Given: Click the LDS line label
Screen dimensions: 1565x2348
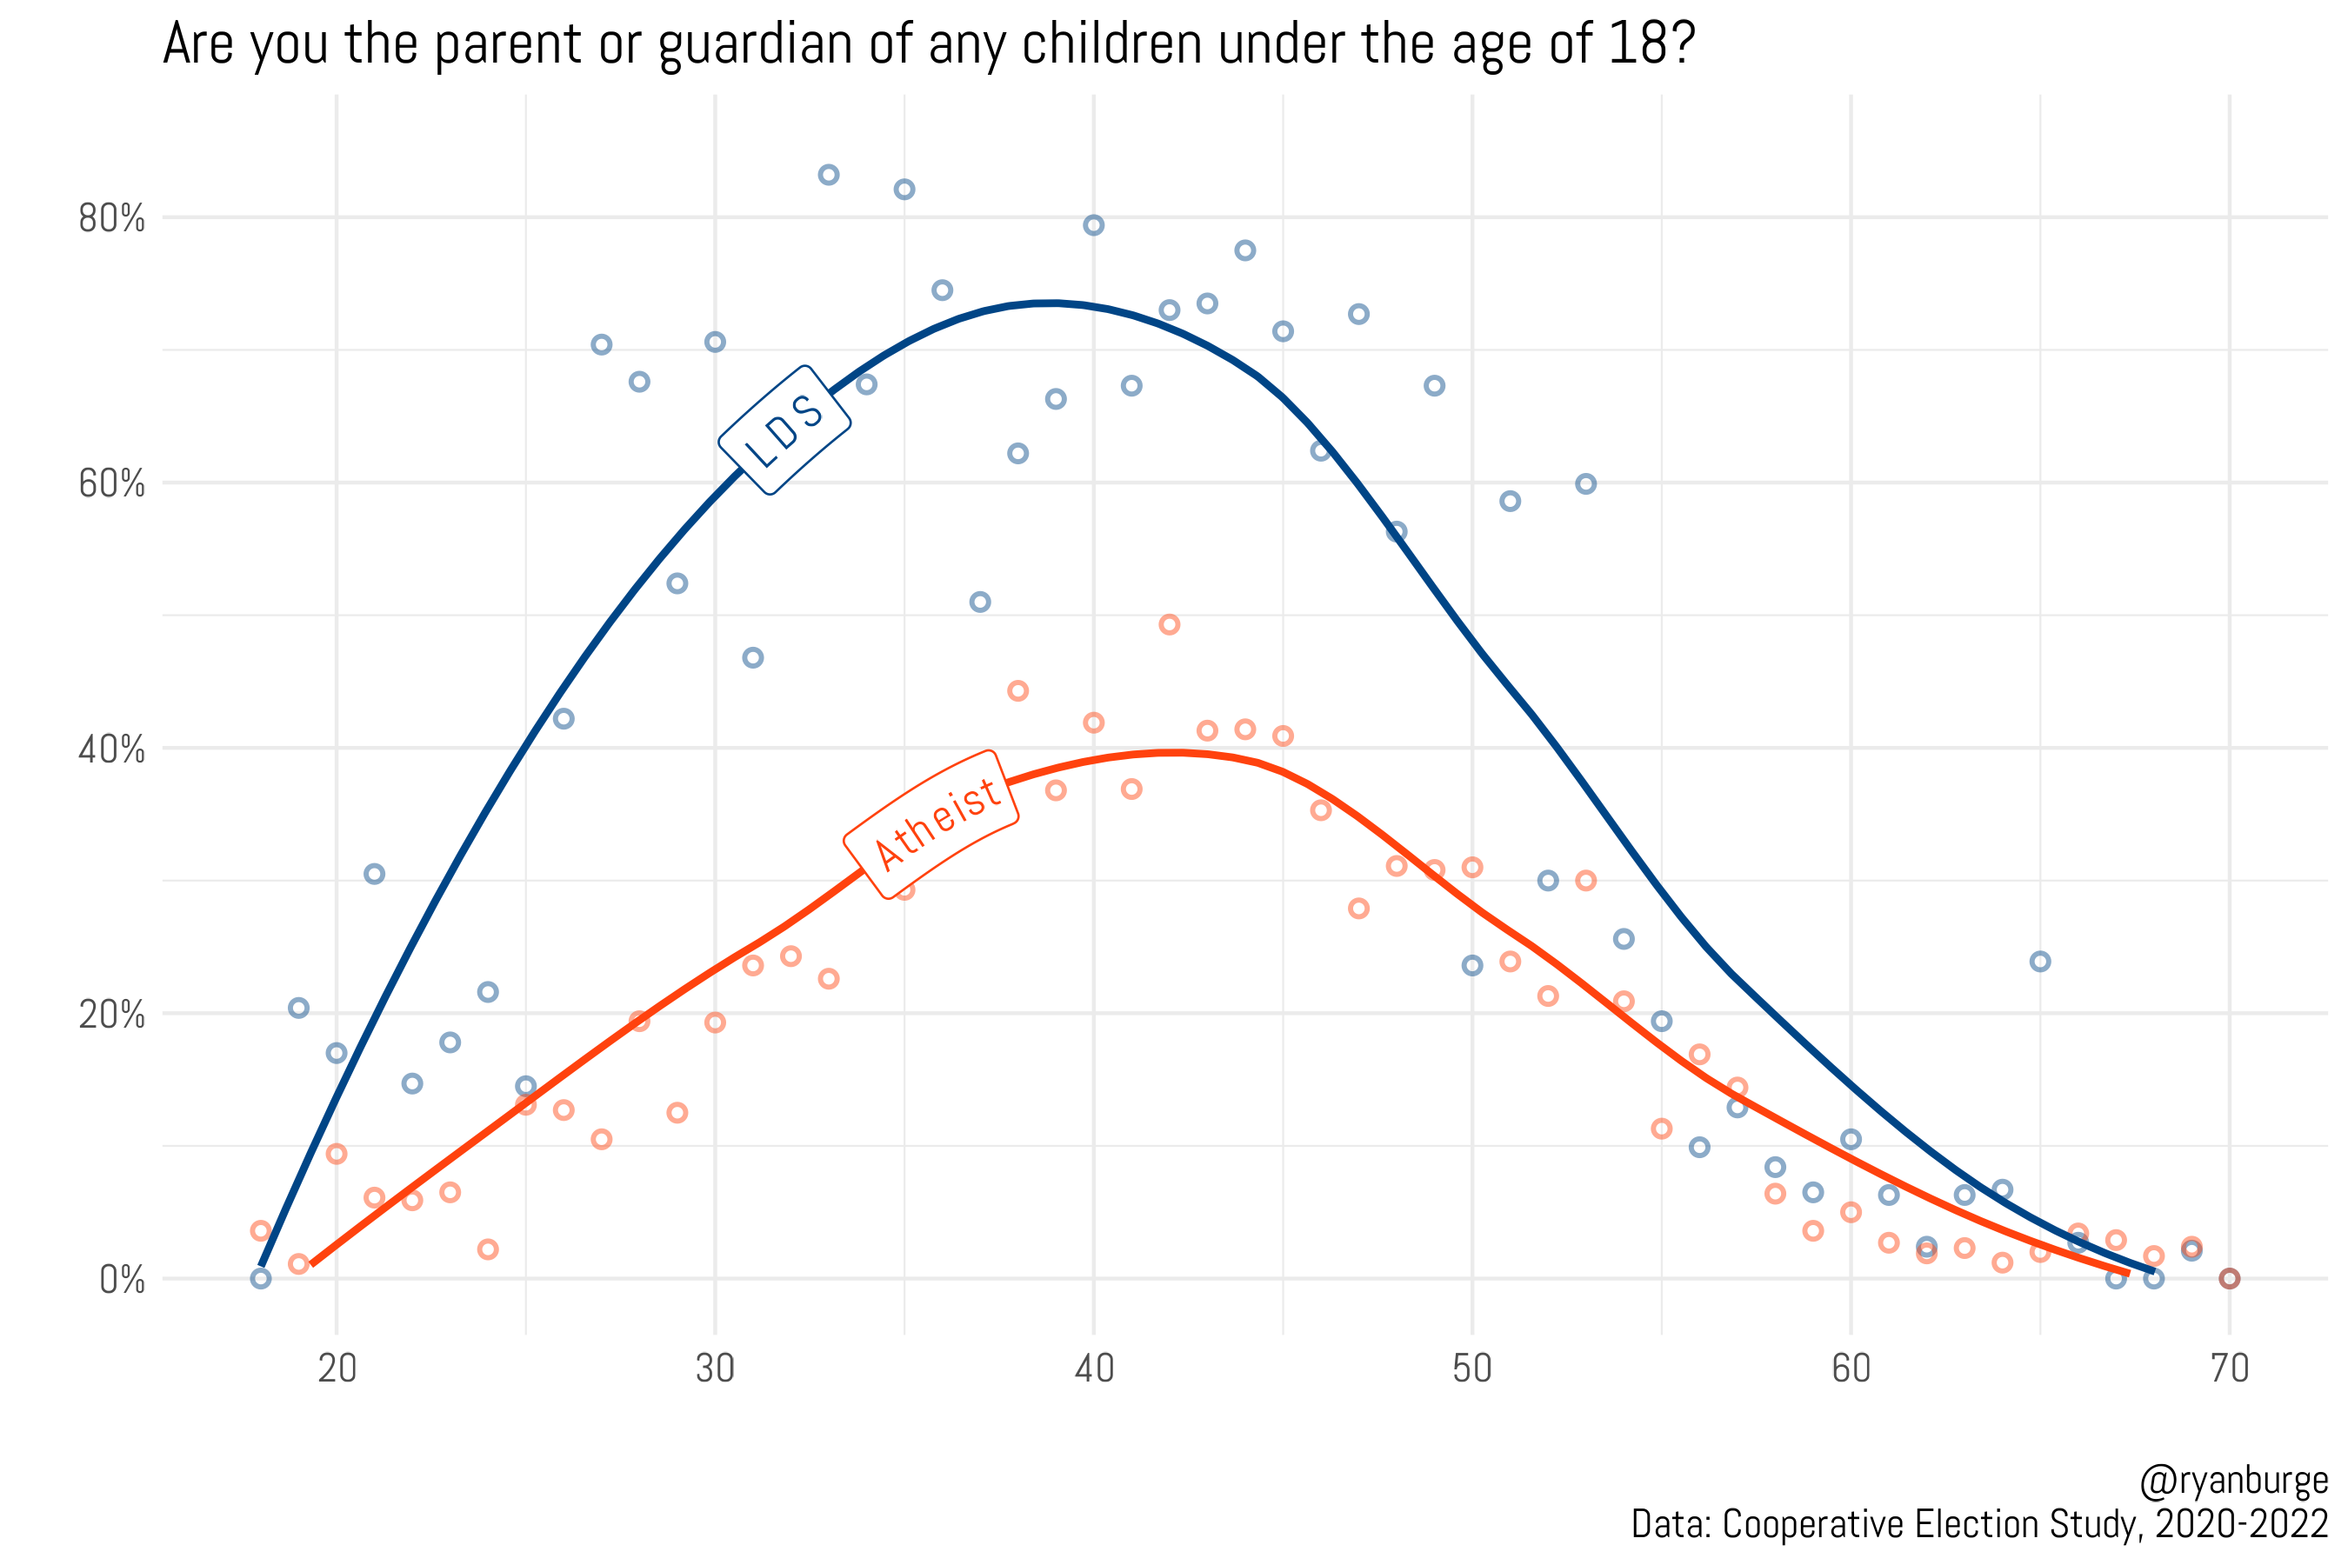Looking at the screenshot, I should pos(784,430).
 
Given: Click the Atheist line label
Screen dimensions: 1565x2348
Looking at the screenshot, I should pos(931,824).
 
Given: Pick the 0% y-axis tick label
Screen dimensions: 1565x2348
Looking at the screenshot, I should pos(122,1280).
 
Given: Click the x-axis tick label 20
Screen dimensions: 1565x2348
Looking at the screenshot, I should pos(337,1369).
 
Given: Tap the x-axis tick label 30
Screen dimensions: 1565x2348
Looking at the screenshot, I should pos(715,1369).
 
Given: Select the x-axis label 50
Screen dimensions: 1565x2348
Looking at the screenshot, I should pos(1472,1369).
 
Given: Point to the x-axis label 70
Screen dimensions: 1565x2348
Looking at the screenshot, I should pos(2229,1369).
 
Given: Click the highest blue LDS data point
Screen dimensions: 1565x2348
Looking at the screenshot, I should pos(829,175).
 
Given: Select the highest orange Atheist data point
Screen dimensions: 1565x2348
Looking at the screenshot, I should pos(1169,625).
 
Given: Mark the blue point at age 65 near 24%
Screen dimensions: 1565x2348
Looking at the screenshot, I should pos(2039,961).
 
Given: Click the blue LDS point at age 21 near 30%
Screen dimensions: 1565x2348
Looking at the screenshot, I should pos(374,875).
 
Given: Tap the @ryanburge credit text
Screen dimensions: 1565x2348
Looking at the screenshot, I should pos(2233,1482).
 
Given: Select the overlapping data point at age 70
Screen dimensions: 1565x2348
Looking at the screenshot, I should pos(2229,1279).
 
